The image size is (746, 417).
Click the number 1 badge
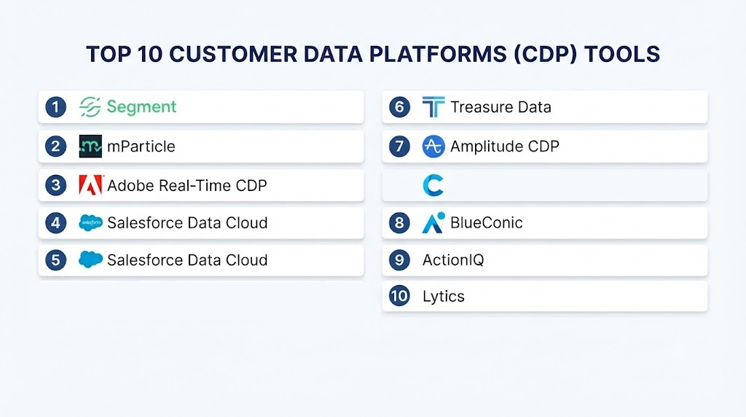pos(55,106)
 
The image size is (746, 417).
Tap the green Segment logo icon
pos(90,106)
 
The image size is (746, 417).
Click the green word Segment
pos(141,106)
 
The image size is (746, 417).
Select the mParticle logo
pos(90,146)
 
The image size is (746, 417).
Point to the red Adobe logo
pos(91,185)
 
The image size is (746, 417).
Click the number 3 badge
pos(55,184)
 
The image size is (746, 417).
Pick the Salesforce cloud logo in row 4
pos(90,223)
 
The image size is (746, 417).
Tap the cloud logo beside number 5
pos(90,260)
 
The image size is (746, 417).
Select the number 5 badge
pos(55,260)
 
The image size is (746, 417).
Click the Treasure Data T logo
pos(433,106)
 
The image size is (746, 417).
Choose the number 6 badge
pos(399,106)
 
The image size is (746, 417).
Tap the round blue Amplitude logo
pos(433,146)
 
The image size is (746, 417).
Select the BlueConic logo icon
pos(433,223)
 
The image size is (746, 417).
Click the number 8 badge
pos(399,223)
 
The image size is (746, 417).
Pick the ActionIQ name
pos(453,260)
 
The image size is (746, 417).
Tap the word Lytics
pos(444,297)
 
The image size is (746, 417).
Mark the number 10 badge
pos(399,296)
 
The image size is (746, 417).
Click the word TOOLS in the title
pos(622,54)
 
